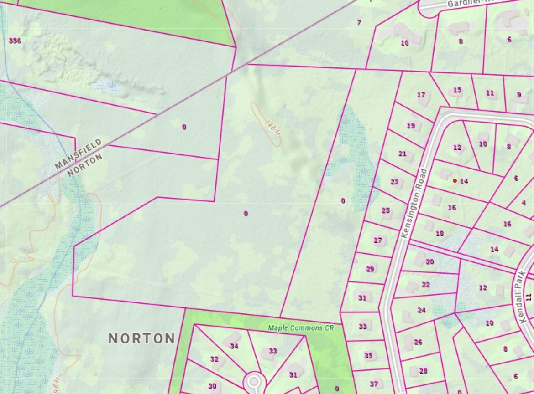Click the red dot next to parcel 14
[x=455, y=181]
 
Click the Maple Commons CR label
[x=301, y=327]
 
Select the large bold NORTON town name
[x=141, y=338]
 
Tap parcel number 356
[x=15, y=41]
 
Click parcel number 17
[x=421, y=95]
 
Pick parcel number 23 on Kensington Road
[x=394, y=182]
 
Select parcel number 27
[x=377, y=240]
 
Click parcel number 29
[x=370, y=269]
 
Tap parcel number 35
[x=368, y=356]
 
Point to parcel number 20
[x=429, y=262]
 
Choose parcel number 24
[x=421, y=310]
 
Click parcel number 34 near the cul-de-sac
[x=234, y=346]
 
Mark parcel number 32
[x=214, y=359]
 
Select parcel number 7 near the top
[x=359, y=22]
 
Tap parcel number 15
[x=457, y=90]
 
